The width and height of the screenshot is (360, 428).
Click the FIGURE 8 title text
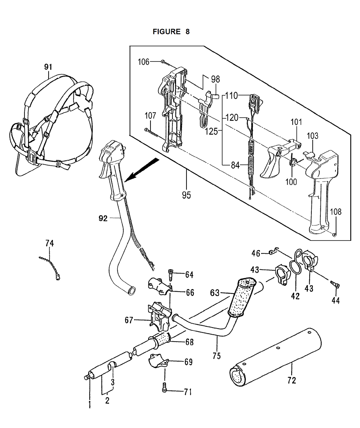pyautogui.click(x=171, y=32)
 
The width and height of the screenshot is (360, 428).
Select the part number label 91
pyautogui.click(x=48, y=67)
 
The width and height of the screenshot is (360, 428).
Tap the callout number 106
pyautogui.click(x=144, y=62)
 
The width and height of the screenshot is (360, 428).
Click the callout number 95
pyautogui.click(x=186, y=195)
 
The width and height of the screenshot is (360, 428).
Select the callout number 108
pyautogui.click(x=336, y=212)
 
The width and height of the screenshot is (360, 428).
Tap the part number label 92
pyautogui.click(x=103, y=218)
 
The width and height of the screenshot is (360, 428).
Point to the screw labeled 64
pyautogui.click(x=170, y=274)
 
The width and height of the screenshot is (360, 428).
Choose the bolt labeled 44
pyautogui.click(x=335, y=285)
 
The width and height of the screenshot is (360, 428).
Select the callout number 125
pyautogui.click(x=212, y=131)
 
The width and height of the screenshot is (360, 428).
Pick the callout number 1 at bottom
pyautogui.click(x=90, y=404)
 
